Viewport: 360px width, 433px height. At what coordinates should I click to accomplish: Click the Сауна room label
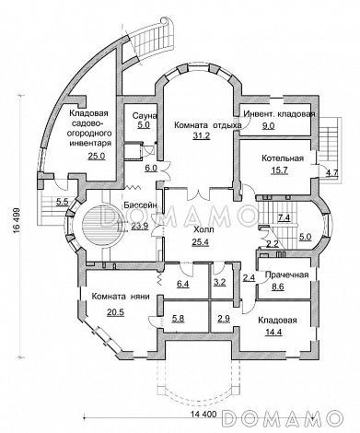(145, 116)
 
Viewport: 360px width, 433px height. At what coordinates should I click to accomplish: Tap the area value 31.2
(201, 135)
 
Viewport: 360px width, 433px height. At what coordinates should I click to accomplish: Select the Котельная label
(283, 158)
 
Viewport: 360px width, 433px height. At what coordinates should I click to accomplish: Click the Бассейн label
(140, 205)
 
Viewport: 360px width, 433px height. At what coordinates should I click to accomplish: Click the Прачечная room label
(286, 275)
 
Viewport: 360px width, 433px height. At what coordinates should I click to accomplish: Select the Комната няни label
(121, 297)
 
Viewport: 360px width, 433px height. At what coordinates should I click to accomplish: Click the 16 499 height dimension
(17, 221)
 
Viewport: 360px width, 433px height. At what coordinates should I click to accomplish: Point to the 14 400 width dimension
(203, 414)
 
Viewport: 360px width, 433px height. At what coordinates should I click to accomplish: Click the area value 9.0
(268, 125)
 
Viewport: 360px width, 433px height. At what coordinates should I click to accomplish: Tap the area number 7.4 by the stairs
(284, 217)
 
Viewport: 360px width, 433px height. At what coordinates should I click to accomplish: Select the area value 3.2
(219, 282)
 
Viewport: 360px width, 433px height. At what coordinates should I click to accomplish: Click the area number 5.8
(178, 319)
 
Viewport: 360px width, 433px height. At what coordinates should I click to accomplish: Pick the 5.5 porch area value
(62, 202)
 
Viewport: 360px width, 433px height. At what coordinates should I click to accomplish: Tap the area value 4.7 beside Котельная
(332, 172)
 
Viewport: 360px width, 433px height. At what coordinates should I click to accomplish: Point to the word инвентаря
(91, 143)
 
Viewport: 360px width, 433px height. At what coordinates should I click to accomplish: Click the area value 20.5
(115, 312)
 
